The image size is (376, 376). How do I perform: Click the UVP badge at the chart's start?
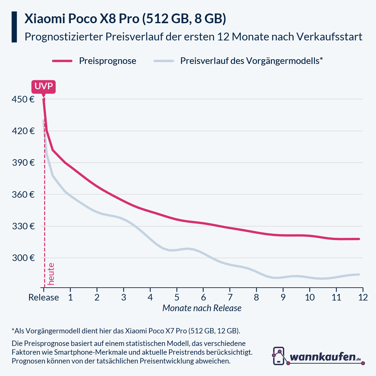pos(44,86)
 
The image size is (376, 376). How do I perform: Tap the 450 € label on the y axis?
pos(23,99)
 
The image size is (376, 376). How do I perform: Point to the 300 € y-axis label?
pos(23,258)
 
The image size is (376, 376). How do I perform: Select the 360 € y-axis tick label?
pos(23,195)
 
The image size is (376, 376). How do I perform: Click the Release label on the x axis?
pos(44,297)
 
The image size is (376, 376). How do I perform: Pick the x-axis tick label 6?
pos(203,297)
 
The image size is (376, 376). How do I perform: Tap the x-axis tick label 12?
pos(363,297)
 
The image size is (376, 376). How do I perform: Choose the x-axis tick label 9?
pos(283,297)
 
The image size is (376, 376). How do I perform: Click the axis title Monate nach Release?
pos(202,308)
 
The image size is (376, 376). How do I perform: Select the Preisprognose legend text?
pos(107,61)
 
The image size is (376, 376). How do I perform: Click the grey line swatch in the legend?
pos(164,61)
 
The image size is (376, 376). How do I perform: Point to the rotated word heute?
pos(51,274)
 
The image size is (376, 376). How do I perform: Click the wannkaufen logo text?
pos(323,357)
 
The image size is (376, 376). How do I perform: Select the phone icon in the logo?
pos(279,356)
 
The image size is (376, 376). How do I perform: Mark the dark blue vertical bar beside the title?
pos(14,27)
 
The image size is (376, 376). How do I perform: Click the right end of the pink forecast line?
pos(359,239)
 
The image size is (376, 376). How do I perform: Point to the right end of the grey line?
pos(359,274)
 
